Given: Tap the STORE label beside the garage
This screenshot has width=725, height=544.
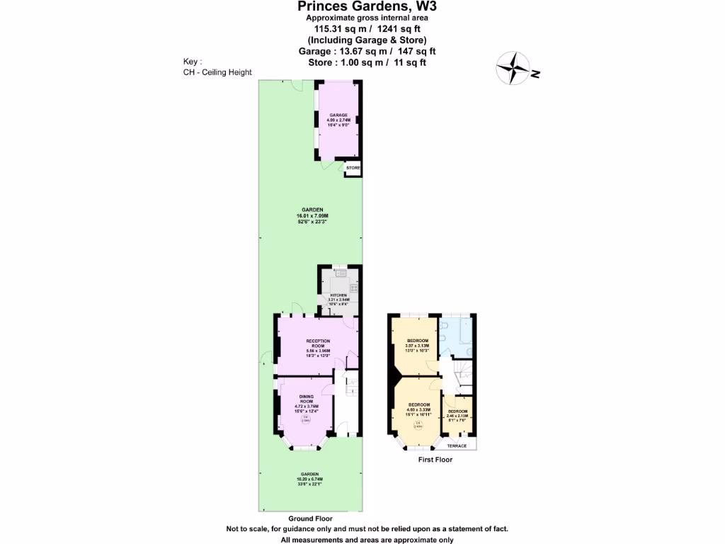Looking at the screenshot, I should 353,168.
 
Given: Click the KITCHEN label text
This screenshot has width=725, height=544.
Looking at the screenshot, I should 338,294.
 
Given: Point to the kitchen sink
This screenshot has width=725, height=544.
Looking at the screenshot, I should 338,273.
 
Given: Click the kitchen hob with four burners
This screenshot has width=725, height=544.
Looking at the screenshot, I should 353,288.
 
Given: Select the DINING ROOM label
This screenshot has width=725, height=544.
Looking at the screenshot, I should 306,399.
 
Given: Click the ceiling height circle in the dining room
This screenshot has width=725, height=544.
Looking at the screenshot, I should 306,420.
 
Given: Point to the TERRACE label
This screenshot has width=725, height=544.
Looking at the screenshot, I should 457,446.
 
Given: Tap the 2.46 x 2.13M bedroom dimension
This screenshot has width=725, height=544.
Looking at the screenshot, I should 457,416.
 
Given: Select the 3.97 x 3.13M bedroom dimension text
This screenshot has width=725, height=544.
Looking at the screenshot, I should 417,345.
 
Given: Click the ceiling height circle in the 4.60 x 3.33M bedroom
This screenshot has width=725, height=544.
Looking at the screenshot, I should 418,426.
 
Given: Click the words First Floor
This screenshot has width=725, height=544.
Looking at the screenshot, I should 435,460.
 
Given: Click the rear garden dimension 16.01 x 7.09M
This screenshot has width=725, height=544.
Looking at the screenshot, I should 312,215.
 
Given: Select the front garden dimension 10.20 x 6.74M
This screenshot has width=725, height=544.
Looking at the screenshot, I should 309,479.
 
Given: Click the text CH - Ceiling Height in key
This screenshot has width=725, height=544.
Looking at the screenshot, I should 217,72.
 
